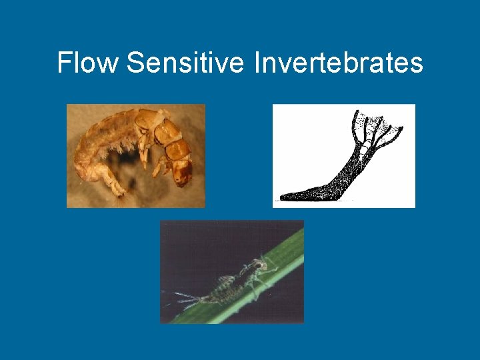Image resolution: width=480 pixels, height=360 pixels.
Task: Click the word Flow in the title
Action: coord(87,63)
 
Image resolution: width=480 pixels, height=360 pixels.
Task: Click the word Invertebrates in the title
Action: coord(339,63)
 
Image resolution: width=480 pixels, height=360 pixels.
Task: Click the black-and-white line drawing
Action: coord(344,156)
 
